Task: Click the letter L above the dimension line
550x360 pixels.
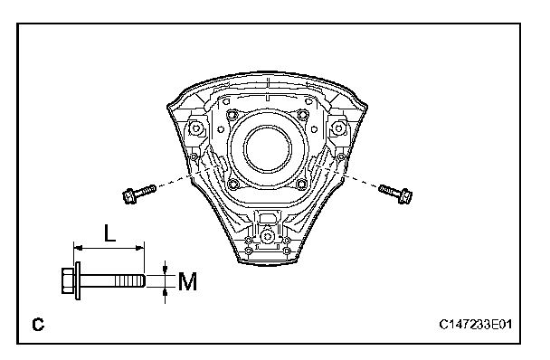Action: pos(109,233)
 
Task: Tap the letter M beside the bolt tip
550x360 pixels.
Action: pos(187,281)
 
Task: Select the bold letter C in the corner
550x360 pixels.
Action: pos(38,325)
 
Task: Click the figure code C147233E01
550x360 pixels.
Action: pos(475,324)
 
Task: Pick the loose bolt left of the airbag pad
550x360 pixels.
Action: pos(139,194)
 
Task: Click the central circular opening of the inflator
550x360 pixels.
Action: pos(269,149)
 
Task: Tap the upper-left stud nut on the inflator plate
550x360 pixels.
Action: pos(232,114)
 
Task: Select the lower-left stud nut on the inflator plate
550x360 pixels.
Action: pos(232,184)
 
